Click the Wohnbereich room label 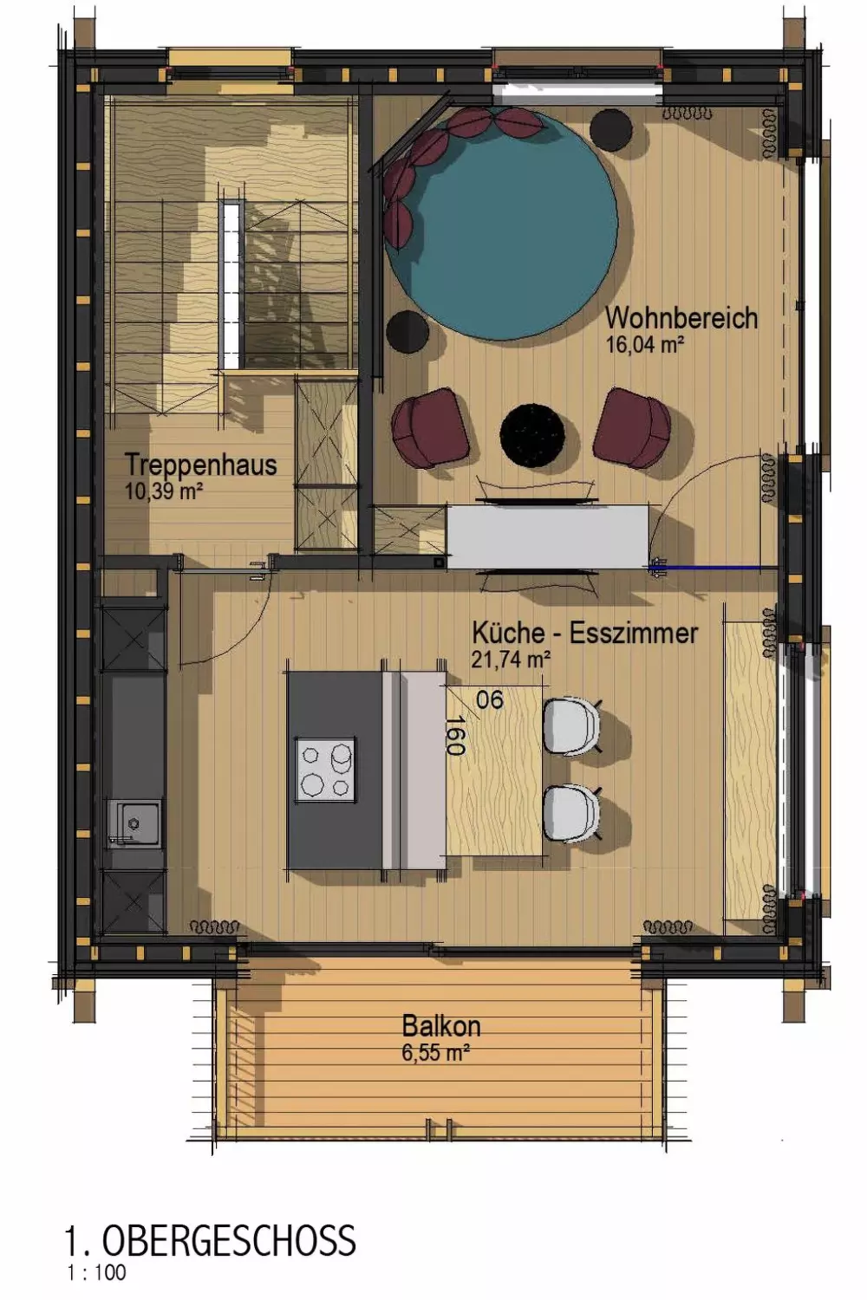[681, 318]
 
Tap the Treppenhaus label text [201, 465]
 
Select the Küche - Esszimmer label [584, 633]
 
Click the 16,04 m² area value [644, 345]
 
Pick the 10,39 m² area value [164, 492]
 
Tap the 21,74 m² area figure [511, 660]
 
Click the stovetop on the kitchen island [326, 770]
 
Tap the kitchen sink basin [134, 823]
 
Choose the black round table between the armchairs [532, 435]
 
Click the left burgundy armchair [430, 427]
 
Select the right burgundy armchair [632, 427]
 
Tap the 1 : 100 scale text [96, 1273]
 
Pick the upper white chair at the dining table [571, 727]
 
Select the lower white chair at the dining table [571, 813]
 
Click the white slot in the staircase [231, 284]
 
